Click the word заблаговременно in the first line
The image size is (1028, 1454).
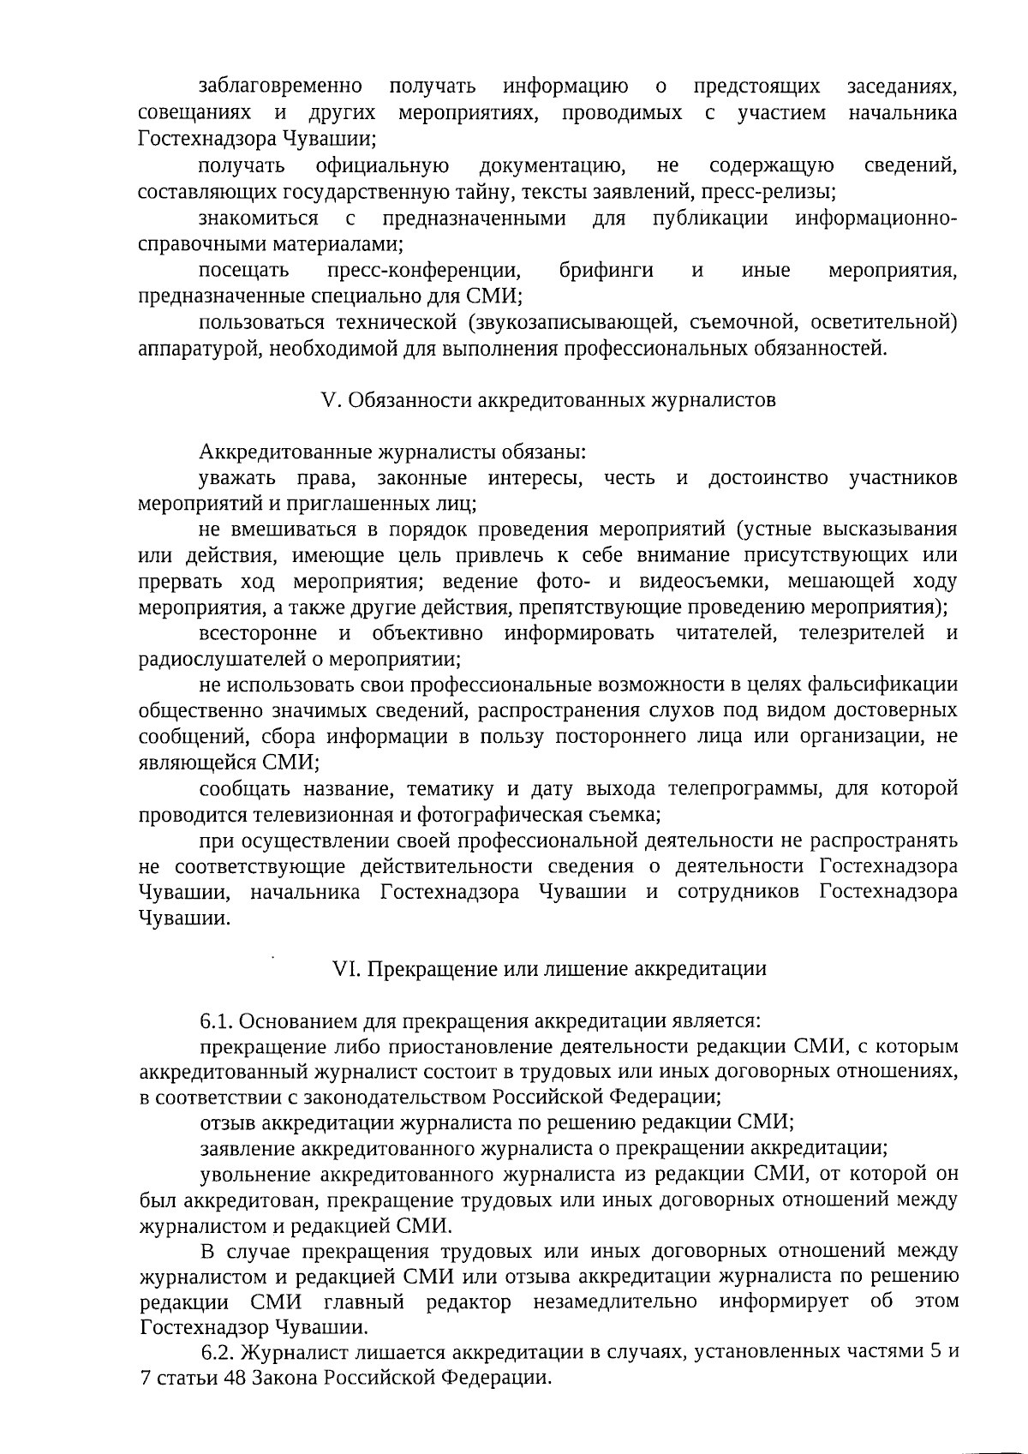point(280,87)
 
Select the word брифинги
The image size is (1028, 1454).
point(606,271)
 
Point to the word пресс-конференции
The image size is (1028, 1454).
point(423,271)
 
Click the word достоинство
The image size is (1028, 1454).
point(768,477)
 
